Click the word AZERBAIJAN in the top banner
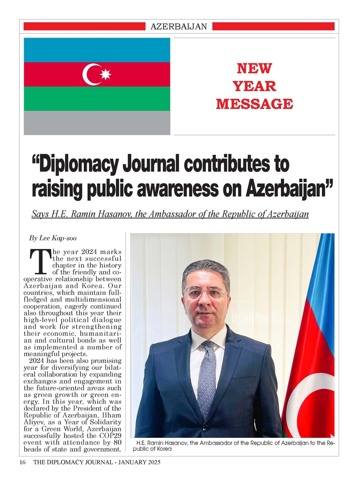point(178,27)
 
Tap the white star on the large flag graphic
point(105,74)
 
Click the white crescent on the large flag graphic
point(90,74)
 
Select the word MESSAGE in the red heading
point(254,104)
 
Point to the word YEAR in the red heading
point(254,86)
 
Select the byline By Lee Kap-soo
point(50,238)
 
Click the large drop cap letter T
point(40,260)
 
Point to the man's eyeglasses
point(205,293)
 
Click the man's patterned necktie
point(207,372)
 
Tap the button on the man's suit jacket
point(205,428)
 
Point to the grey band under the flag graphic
point(97,123)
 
